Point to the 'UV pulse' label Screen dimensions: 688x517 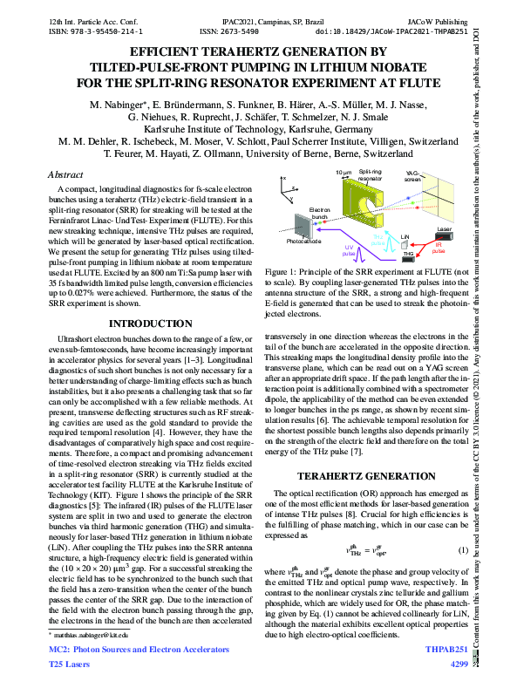[351, 251]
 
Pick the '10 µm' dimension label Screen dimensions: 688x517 [342, 173]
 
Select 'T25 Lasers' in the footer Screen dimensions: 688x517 [69, 664]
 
